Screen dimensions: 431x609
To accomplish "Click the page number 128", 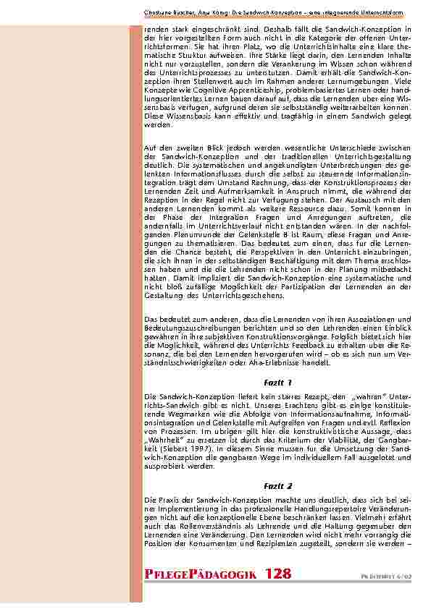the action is point(278,574).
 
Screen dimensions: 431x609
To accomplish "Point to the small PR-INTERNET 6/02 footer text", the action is point(393,576).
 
